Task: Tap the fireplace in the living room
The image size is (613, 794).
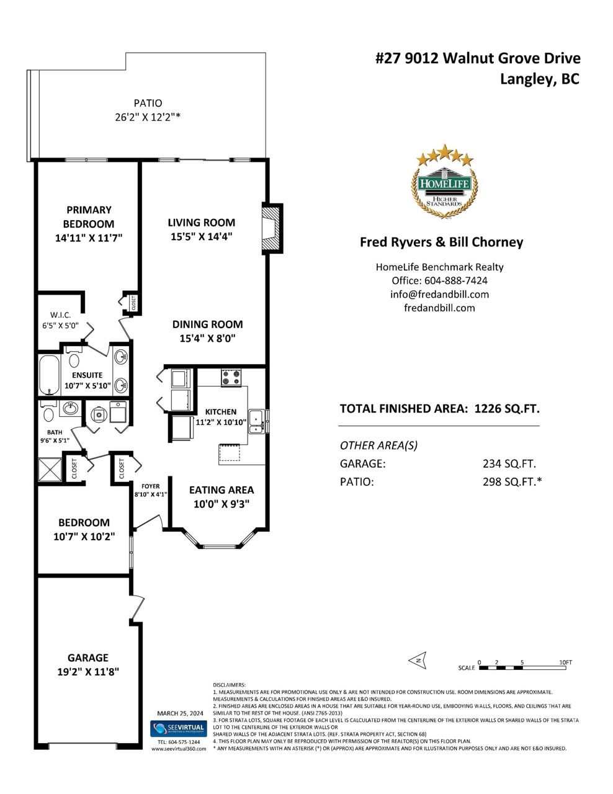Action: pyautogui.click(x=272, y=229)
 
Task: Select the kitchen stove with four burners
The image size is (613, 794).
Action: pyautogui.click(x=231, y=377)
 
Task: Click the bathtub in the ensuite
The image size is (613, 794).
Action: pyautogui.click(x=49, y=375)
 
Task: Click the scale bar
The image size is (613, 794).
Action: pyautogui.click(x=522, y=667)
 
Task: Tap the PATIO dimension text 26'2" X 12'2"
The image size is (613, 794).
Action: pyautogui.click(x=148, y=117)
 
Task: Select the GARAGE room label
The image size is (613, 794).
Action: pyautogui.click(x=88, y=658)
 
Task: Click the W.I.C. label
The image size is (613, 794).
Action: pyautogui.click(x=60, y=315)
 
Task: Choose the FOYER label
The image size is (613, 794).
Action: pyautogui.click(x=151, y=486)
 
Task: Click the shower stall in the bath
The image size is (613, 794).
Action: pyautogui.click(x=50, y=470)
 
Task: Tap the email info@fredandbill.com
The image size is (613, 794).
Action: pyautogui.click(x=439, y=295)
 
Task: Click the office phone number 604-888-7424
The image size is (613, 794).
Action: pyautogui.click(x=455, y=280)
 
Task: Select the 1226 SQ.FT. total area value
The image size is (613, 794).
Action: pyautogui.click(x=507, y=409)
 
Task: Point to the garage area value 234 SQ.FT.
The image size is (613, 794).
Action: pyautogui.click(x=509, y=464)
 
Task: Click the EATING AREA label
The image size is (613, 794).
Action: pyautogui.click(x=221, y=490)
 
